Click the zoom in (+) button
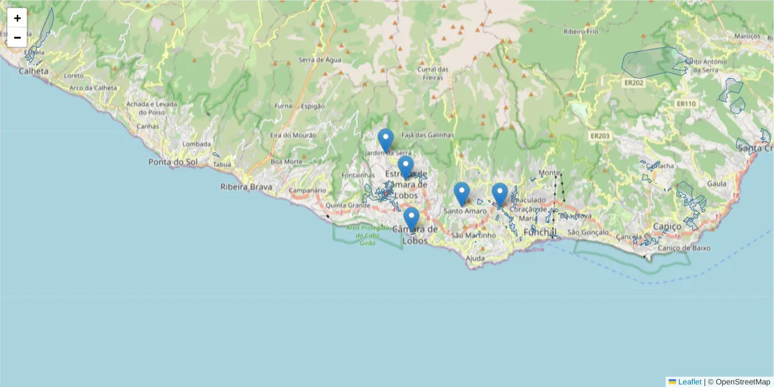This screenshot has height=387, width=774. (x=17, y=18)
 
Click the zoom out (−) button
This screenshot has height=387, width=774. (x=17, y=37)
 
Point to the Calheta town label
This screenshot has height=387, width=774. (x=34, y=71)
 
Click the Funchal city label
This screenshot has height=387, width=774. (x=540, y=232)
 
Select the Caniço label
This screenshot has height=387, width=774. (x=667, y=226)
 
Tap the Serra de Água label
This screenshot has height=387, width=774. (x=319, y=60)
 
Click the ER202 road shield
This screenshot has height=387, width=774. (x=633, y=83)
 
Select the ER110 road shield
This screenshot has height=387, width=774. (x=686, y=103)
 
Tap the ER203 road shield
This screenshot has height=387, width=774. (x=599, y=135)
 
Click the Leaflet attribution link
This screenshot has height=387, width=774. (x=690, y=382)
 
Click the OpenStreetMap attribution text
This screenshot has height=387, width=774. (x=742, y=382)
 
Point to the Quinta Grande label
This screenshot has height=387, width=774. (x=348, y=206)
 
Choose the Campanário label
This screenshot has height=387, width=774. (x=307, y=190)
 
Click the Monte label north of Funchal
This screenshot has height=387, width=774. (x=549, y=173)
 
